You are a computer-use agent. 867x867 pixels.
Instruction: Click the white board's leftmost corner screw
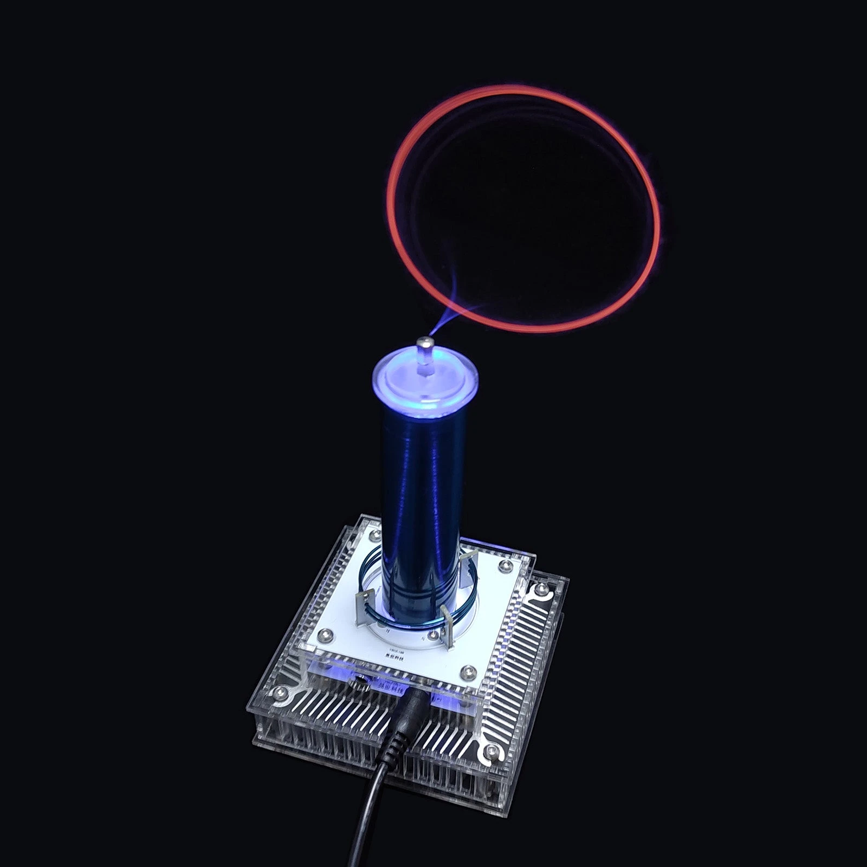click(325, 635)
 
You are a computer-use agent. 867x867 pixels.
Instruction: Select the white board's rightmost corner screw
click(506, 566)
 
